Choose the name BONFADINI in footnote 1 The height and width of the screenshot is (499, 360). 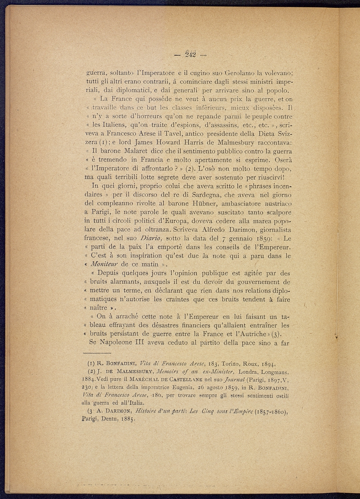tap(118, 364)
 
